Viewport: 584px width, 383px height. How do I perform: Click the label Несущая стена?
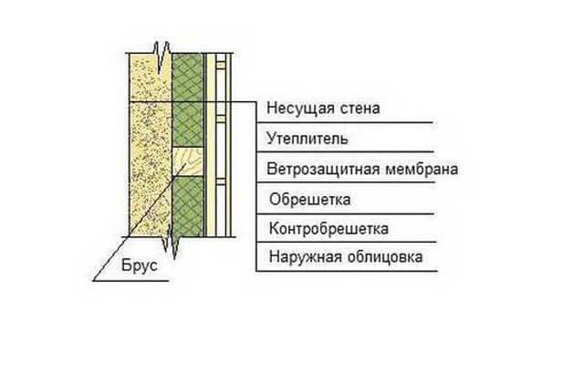323,109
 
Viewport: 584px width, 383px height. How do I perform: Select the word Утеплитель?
308,139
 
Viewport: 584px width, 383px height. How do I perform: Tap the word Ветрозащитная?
323,169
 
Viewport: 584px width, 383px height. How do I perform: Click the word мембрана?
422,169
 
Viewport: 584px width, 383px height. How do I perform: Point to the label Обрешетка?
310,200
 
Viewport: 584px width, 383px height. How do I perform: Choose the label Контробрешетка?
328,228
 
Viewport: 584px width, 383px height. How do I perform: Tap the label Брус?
140,265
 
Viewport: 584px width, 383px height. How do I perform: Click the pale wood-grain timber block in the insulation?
188,161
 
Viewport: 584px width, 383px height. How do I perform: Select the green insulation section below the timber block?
188,207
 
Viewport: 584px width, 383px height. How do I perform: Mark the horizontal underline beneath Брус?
130,281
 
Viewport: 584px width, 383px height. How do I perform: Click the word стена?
360,109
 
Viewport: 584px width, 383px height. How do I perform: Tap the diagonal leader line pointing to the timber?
140,221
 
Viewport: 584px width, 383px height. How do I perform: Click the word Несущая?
301,109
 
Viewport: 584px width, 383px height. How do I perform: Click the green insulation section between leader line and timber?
188,124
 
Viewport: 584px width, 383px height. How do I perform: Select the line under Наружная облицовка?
347,271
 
